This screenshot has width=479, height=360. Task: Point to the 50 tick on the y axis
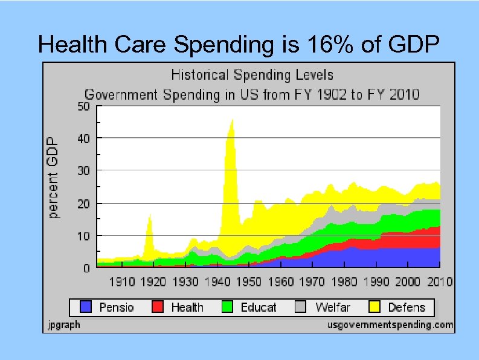(83, 106)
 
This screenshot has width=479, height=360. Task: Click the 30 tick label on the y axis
(83, 171)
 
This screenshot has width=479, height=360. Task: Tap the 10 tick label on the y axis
(83, 235)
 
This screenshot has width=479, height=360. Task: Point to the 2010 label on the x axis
(439, 281)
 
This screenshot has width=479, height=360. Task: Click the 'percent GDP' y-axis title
(54, 177)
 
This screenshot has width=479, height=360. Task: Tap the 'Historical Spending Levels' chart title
(252, 76)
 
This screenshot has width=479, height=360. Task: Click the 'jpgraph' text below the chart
(63, 325)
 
